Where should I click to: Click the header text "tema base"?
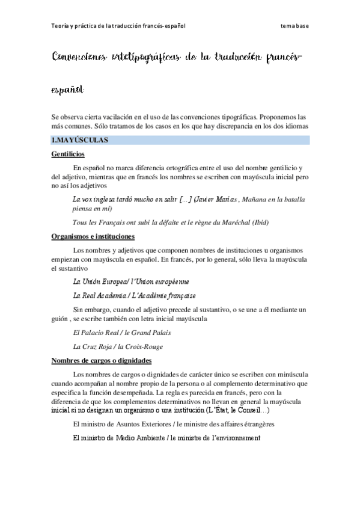tap(294, 26)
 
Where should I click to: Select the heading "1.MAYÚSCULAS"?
tap(79, 140)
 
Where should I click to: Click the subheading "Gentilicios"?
tap(67, 155)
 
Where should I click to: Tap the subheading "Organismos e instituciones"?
tap(93, 236)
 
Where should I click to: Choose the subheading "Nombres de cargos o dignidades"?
tap(102, 360)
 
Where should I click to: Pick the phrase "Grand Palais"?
tap(152, 332)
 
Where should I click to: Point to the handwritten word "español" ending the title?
tap(68, 89)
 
